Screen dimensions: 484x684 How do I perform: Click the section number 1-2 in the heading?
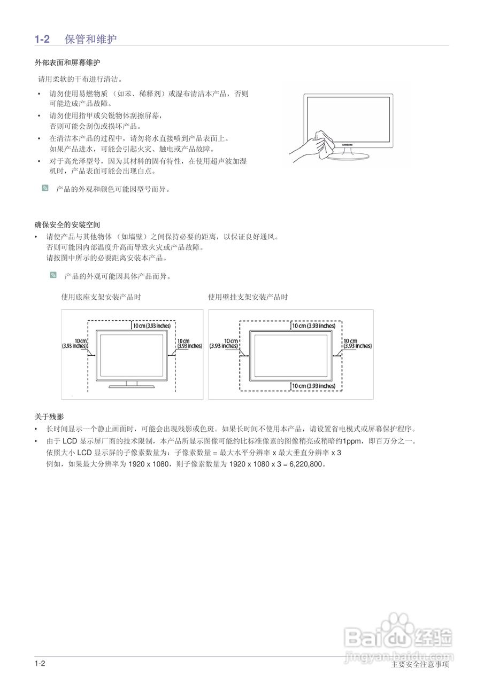coord(42,39)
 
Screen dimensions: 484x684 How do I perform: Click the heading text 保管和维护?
coord(91,39)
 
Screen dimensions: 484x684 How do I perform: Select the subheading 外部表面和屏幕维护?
coord(67,63)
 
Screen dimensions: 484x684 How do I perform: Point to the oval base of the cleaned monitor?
coord(348,156)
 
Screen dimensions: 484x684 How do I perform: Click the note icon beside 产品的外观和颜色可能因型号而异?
coord(45,188)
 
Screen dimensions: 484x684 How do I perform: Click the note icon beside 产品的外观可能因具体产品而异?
coord(53,275)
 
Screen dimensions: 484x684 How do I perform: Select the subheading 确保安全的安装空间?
coord(67,225)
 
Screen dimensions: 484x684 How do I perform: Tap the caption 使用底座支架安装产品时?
coord(101,297)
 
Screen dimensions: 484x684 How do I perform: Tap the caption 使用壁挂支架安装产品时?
coord(248,297)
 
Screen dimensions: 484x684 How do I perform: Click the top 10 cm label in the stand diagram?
coord(152,326)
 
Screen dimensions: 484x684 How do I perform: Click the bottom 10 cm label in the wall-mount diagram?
coord(313,386)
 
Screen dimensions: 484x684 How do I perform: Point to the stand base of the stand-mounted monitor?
coord(132,386)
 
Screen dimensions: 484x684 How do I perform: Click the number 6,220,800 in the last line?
coord(307,464)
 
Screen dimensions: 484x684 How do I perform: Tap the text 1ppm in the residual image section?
coord(351,441)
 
